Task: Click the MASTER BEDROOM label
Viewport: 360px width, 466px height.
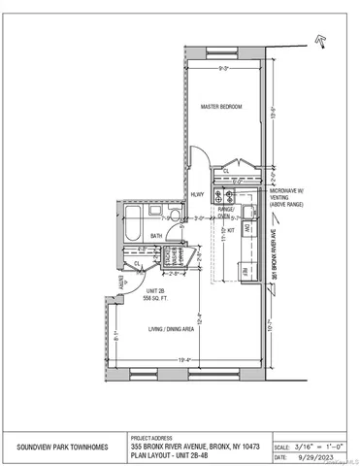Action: [x=220, y=106]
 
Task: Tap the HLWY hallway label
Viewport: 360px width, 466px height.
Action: [x=196, y=194]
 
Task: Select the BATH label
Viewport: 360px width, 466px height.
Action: [x=155, y=235]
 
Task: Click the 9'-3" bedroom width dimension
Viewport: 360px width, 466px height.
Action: [x=224, y=69]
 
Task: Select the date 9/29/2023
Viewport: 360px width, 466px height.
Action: [x=315, y=455]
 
